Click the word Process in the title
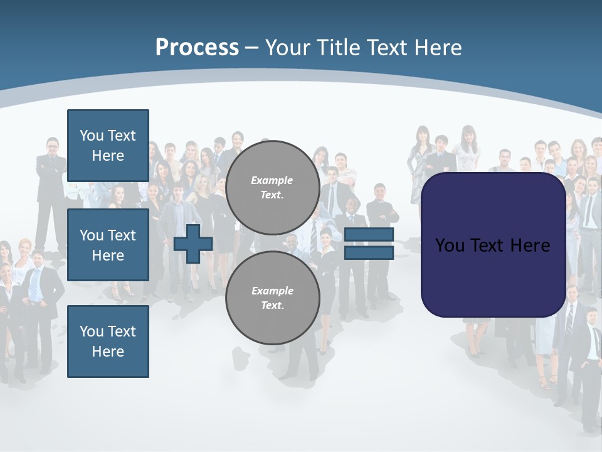pos(197,48)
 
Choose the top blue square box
pos(108,146)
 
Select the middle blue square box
pos(108,245)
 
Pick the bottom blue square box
pos(108,342)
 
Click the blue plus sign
pos(193,244)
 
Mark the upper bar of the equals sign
pos(369,235)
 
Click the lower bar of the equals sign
pos(369,252)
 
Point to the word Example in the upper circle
pos(272,180)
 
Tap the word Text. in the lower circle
pos(272,306)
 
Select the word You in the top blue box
pos(90,136)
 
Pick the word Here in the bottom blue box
pos(108,352)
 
